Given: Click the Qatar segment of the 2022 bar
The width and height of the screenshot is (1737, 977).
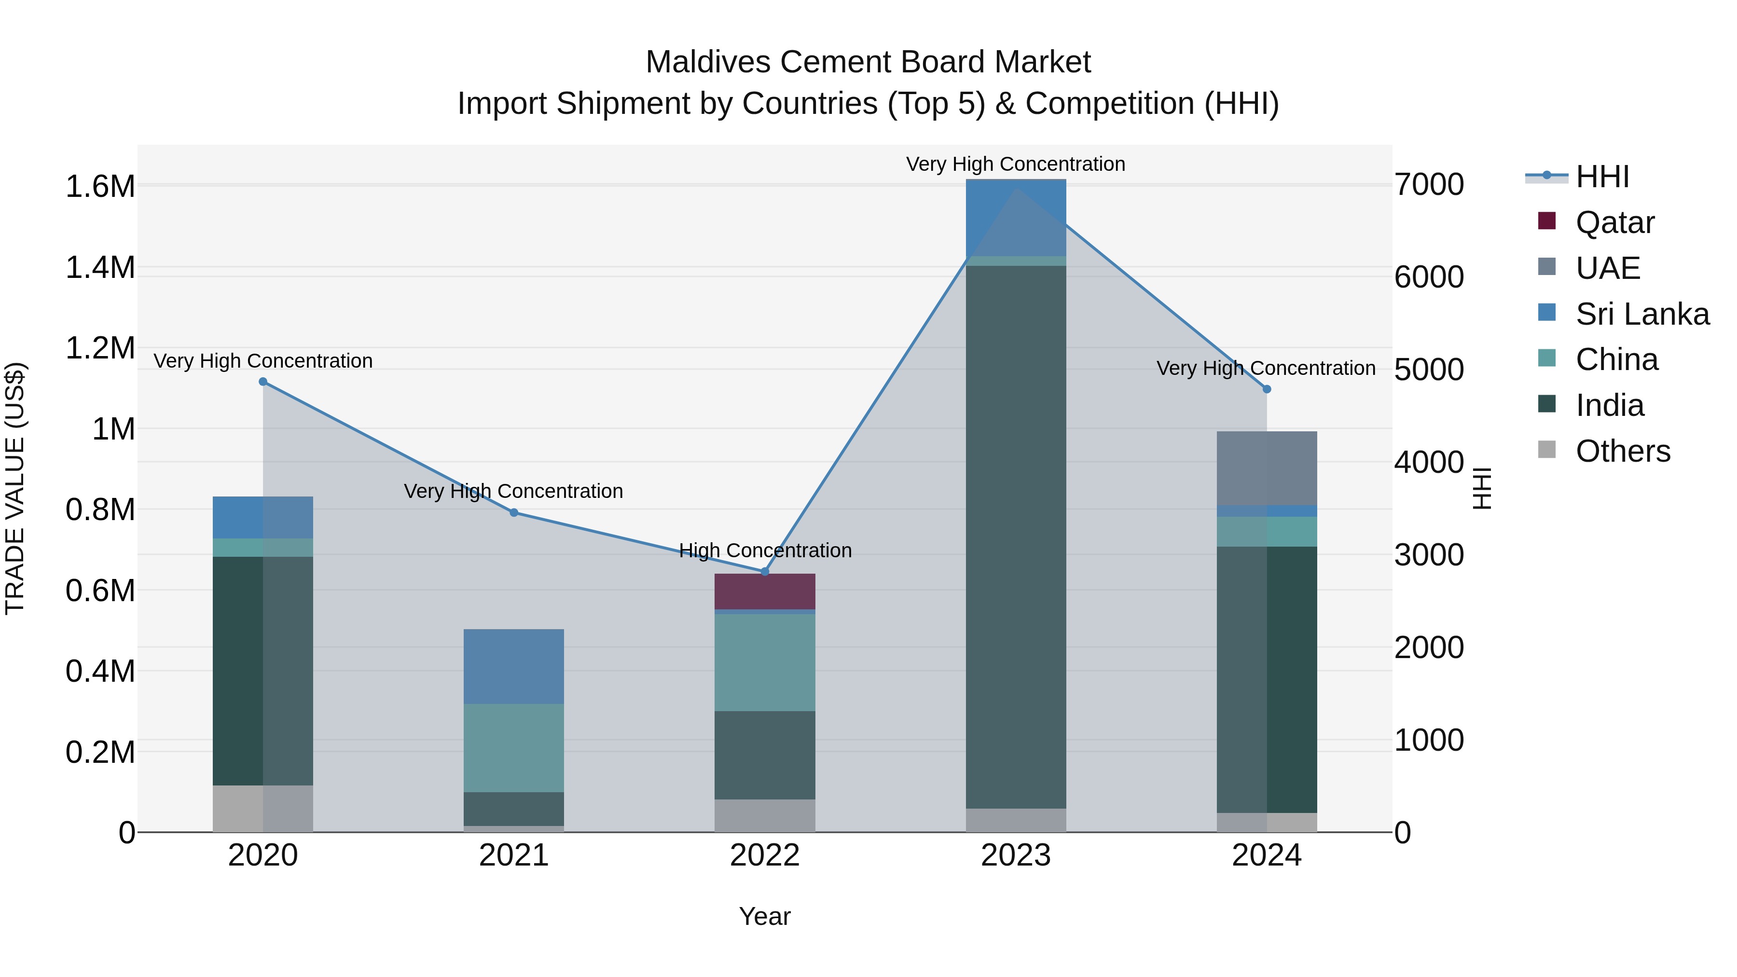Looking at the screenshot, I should coord(765,592).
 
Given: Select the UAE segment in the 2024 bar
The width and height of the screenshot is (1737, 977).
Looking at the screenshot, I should coord(1267,468).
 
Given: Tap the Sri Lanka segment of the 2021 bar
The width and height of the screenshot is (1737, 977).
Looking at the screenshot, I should coord(514,666).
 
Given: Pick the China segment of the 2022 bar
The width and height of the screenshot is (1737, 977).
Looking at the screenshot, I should coord(765,662).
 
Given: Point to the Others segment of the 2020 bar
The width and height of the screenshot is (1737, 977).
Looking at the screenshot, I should coord(263,809).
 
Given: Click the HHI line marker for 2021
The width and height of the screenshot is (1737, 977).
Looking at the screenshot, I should coord(514,512).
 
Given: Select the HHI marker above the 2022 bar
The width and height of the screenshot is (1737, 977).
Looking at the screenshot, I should coord(765,572).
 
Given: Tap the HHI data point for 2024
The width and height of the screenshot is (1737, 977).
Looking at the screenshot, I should coord(1267,389).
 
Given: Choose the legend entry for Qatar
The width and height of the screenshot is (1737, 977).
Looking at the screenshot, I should coord(1614,222).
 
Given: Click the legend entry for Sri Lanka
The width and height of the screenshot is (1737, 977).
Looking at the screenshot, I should coord(1642,314).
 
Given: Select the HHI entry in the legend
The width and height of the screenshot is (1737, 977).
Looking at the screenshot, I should coord(1602,177).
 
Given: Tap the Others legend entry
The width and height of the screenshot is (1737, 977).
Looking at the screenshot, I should coord(1622,451).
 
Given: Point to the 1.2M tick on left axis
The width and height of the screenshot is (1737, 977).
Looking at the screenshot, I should coord(100,349).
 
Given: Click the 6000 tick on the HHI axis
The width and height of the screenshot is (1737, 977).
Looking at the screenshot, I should coord(1429,277).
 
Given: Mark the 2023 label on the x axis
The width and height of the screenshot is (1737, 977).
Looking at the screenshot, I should coord(1016,855).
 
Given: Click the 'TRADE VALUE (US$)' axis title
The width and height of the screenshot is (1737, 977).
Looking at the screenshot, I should coord(15,488).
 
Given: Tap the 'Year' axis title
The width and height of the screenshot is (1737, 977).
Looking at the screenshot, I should coord(765,916).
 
